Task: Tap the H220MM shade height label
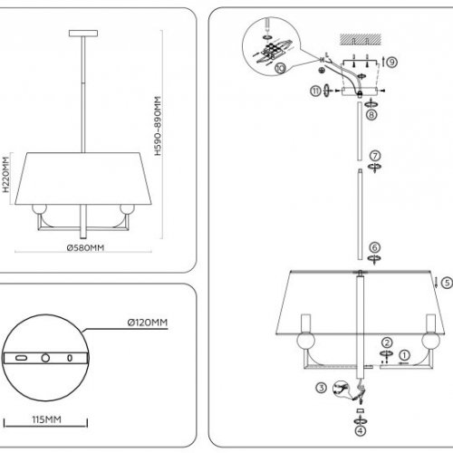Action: pos(5,180)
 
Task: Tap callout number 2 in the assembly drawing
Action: pos(386,342)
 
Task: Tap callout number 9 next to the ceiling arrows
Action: pos(391,63)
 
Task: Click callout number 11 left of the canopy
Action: pos(313,91)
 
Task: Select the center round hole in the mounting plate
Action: pos(44,359)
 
